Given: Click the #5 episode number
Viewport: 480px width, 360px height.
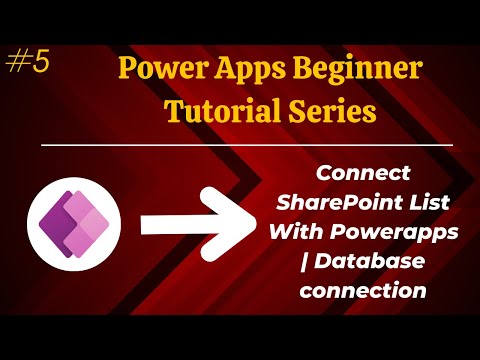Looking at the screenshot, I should coord(27,63).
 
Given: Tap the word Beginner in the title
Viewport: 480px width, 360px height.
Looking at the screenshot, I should coord(349,74).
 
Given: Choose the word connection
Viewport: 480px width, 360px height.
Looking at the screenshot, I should coord(361,290).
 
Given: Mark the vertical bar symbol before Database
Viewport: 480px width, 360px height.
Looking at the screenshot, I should coord(304,262).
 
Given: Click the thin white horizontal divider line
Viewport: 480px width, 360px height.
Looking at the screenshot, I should coord(240,146).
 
